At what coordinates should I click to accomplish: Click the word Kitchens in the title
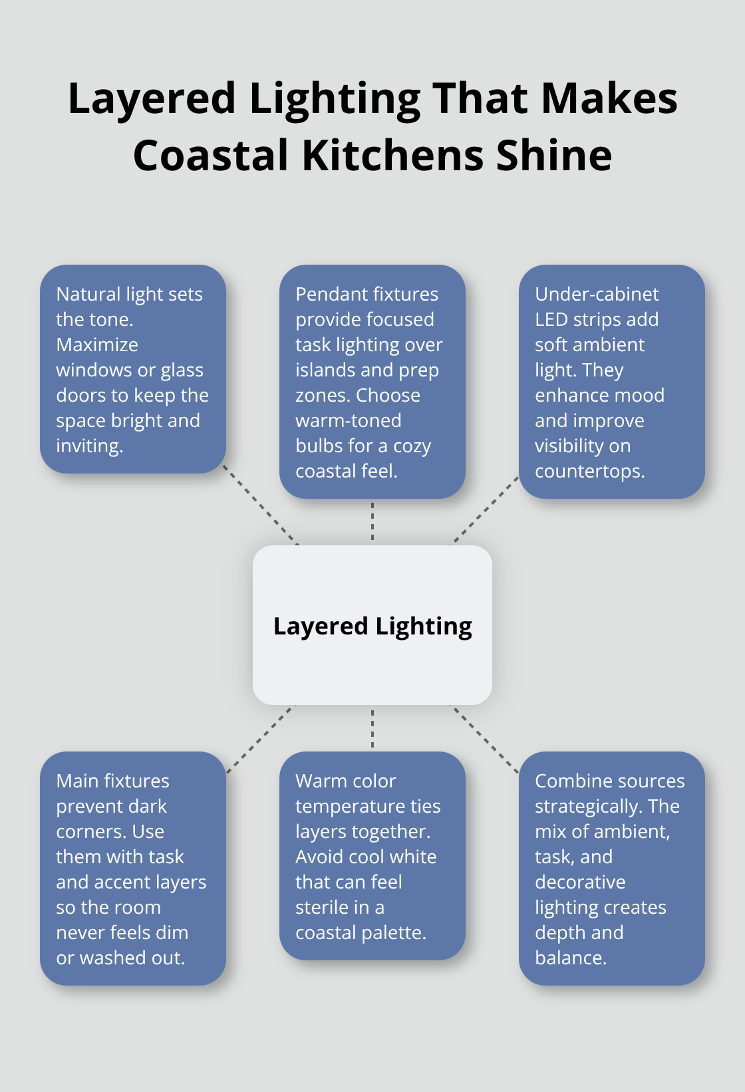(x=392, y=156)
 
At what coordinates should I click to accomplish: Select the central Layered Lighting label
(x=372, y=626)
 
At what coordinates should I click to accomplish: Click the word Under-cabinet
(x=597, y=294)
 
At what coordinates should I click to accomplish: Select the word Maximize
(x=97, y=344)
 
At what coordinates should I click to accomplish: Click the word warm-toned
(x=348, y=420)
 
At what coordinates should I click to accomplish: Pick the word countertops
(x=589, y=471)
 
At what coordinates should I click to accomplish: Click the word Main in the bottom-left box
(x=75, y=781)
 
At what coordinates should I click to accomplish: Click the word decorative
(x=580, y=882)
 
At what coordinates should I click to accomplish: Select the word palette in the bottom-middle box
(x=391, y=932)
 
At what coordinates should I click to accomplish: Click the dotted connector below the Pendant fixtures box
(x=372, y=521)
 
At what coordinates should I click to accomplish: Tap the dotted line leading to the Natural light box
(x=261, y=505)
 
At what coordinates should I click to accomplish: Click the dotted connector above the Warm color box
(x=372, y=728)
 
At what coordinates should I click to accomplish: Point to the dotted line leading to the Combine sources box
(x=485, y=740)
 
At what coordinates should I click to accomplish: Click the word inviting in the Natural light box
(x=88, y=446)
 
